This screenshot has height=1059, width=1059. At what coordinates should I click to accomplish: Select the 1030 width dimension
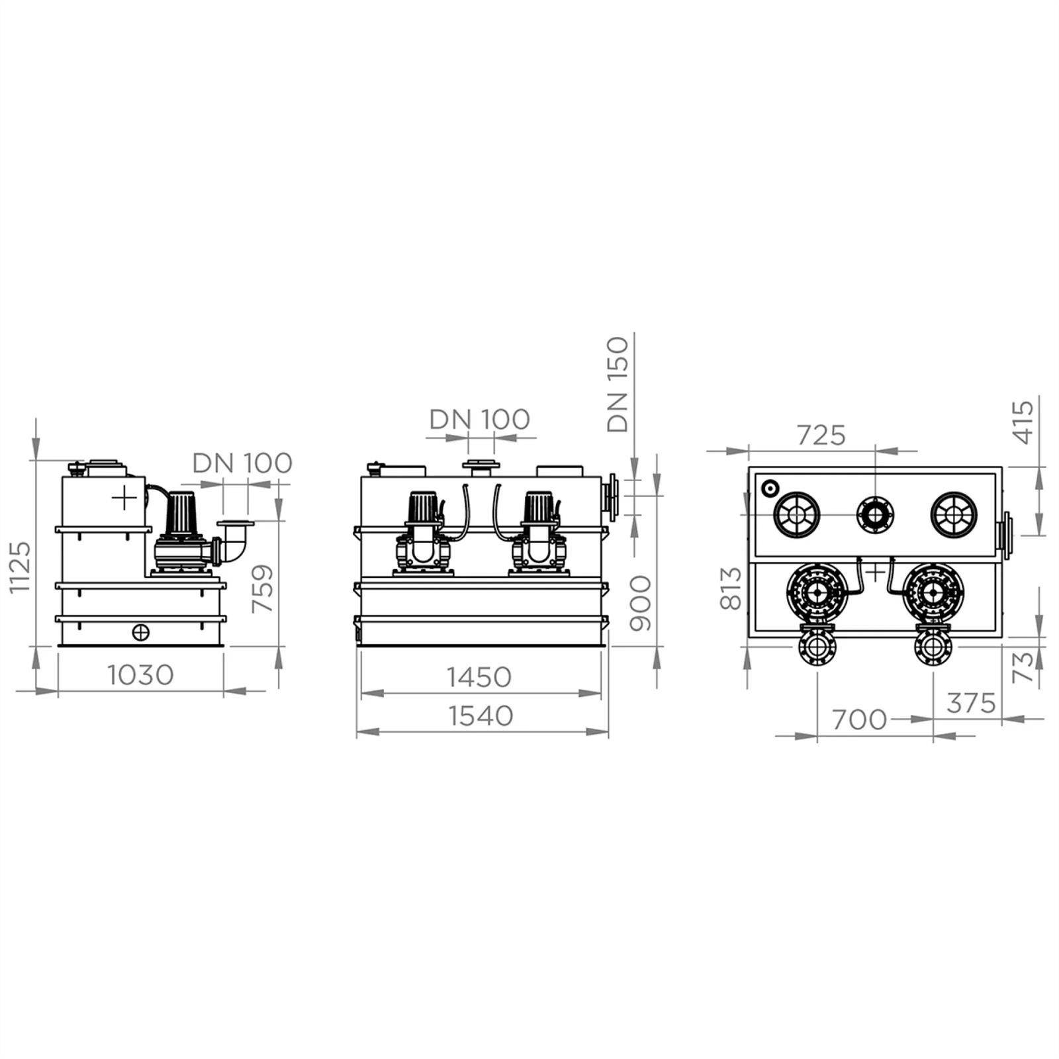[x=141, y=675]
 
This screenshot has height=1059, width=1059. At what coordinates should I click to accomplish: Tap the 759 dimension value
[x=263, y=588]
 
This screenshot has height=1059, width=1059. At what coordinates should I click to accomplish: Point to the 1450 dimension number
[x=479, y=677]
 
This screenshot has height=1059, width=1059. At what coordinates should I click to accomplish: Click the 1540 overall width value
[x=481, y=716]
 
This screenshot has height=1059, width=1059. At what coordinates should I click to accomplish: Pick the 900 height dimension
[x=640, y=602]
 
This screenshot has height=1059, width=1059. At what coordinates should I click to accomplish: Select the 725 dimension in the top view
[x=821, y=435]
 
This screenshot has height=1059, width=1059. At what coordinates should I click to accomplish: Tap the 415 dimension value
[x=1023, y=422]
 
